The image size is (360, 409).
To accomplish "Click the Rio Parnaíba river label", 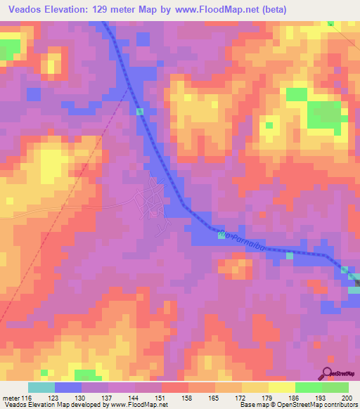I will (243, 242).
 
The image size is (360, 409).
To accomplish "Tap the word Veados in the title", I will (24, 10).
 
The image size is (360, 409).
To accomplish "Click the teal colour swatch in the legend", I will (41, 387).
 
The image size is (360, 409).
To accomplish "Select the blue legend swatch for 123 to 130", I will (68, 387).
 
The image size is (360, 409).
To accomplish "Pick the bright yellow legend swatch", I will (282, 387).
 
